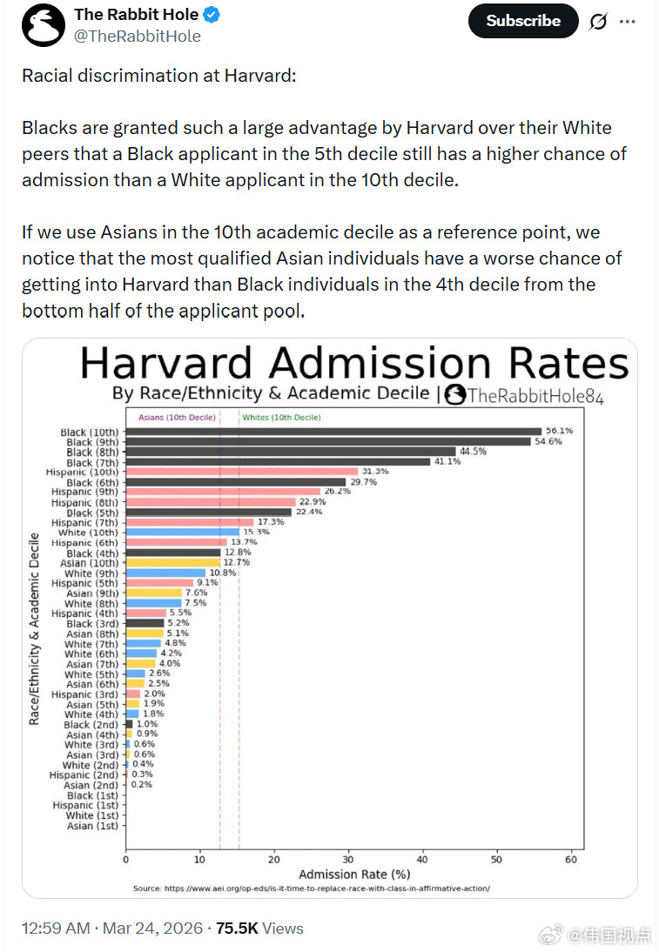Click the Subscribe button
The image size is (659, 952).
coord(522,21)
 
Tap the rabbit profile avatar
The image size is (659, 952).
coord(43,25)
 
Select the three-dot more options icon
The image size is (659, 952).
coord(627,21)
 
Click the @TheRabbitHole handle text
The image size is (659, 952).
coord(138,36)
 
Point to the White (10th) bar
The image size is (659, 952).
coord(182,532)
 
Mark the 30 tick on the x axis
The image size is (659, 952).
coord(348,859)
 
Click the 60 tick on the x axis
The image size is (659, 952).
coord(571,859)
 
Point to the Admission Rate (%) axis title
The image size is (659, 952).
coord(354,874)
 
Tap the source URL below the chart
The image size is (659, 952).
coord(311,888)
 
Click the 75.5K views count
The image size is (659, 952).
coord(237,929)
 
